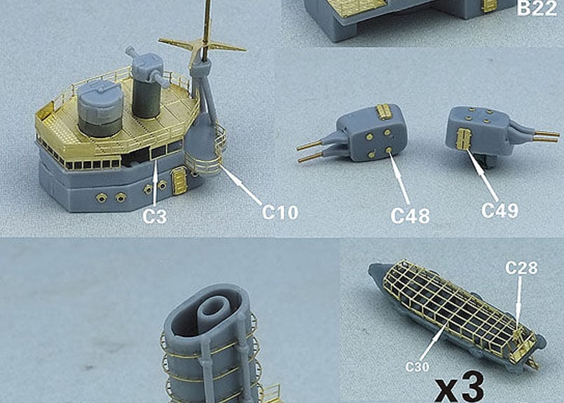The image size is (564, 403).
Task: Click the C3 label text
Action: [x=155, y=217]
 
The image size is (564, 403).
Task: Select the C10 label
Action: [x=280, y=212]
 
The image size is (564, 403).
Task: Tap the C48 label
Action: [x=410, y=216]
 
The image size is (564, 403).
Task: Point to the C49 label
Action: [x=500, y=211]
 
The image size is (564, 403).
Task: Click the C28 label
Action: [x=521, y=268]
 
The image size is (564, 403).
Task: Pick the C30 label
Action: [x=417, y=367]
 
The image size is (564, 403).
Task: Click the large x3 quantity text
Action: [x=460, y=388]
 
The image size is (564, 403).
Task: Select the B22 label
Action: [x=537, y=8]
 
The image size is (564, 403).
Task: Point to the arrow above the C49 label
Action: [x=482, y=175]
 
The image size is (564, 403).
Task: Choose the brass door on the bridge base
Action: [x=179, y=181]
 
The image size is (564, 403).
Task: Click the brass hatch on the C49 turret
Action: [x=463, y=139]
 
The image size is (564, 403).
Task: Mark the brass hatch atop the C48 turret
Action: [x=384, y=111]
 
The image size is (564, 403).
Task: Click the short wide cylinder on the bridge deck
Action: [x=100, y=108]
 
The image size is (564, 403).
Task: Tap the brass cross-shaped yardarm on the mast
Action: [x=202, y=47]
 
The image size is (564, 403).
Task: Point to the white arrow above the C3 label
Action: [x=155, y=185]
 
